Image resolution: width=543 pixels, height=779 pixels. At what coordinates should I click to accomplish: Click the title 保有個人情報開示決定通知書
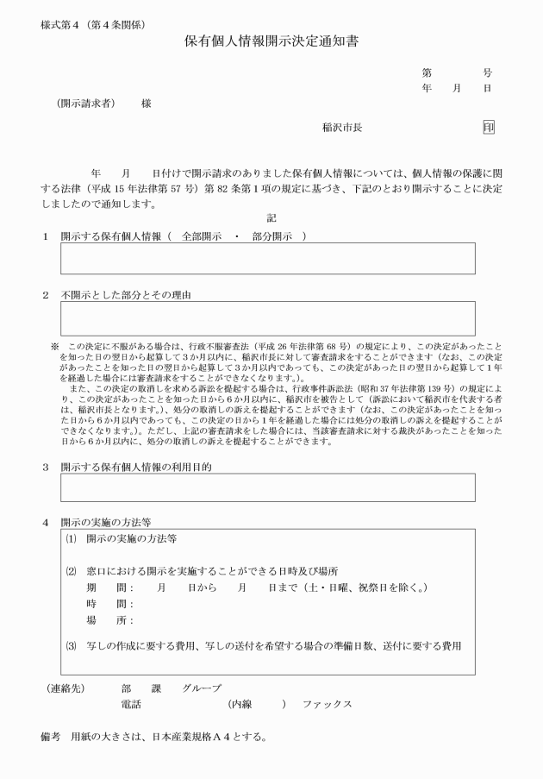(x=271, y=41)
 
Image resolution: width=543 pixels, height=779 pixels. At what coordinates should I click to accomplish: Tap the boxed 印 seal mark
(x=488, y=127)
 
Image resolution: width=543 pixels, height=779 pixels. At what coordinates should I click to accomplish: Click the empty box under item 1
(x=267, y=259)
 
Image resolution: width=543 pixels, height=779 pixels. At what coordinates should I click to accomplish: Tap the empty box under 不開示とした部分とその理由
(x=267, y=318)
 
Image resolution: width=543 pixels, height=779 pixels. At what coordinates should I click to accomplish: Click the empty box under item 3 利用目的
(x=267, y=487)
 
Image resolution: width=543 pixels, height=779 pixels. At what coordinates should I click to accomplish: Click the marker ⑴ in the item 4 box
(x=71, y=540)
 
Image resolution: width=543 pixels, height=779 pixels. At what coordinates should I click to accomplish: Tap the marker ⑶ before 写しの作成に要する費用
(x=71, y=645)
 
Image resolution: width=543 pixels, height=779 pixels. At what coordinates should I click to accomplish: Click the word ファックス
(x=327, y=705)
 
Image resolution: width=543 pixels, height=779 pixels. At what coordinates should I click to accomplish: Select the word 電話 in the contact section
(x=131, y=705)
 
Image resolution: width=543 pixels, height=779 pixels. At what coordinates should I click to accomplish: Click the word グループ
(x=201, y=688)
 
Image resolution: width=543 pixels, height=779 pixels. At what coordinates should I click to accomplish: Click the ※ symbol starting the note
(x=55, y=346)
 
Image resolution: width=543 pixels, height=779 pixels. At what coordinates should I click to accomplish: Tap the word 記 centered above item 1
(x=271, y=219)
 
